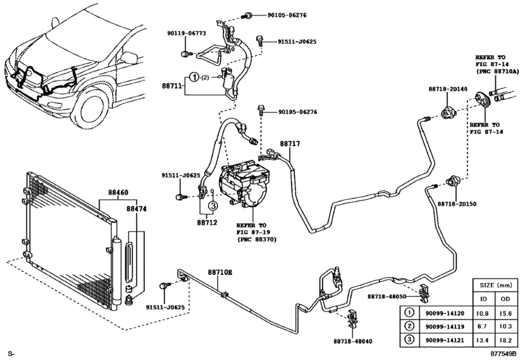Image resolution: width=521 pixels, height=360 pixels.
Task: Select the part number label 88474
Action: [x=136, y=209]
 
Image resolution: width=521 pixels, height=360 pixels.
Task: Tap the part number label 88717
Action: [x=289, y=145]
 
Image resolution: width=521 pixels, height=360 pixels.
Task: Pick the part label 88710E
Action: [x=220, y=273]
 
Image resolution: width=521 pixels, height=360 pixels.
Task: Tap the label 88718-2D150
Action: [x=457, y=203]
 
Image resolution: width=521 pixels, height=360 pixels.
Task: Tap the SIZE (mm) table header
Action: [x=496, y=285]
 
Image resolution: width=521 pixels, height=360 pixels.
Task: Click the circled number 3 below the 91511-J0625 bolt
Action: [x=212, y=205]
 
